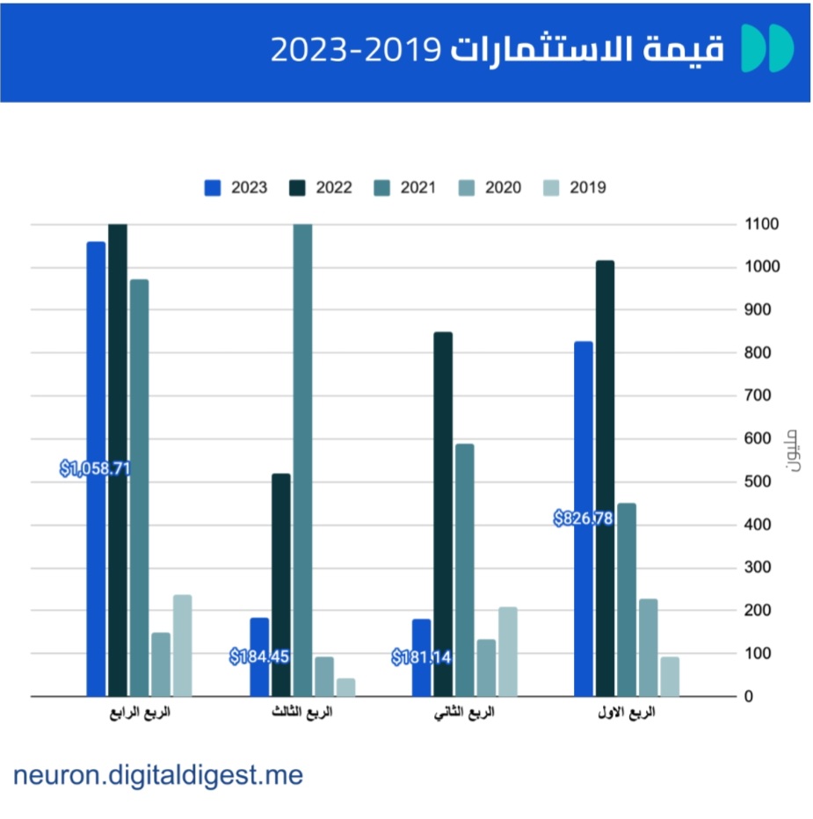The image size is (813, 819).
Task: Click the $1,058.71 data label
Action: [95, 468]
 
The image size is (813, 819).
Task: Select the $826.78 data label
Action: [583, 518]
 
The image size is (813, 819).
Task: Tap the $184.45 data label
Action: [259, 656]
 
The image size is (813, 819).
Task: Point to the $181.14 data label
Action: [422, 656]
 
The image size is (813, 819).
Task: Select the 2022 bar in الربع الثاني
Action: [443, 514]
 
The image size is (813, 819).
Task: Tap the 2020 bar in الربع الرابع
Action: [161, 664]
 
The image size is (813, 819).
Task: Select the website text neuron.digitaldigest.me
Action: [158, 775]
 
